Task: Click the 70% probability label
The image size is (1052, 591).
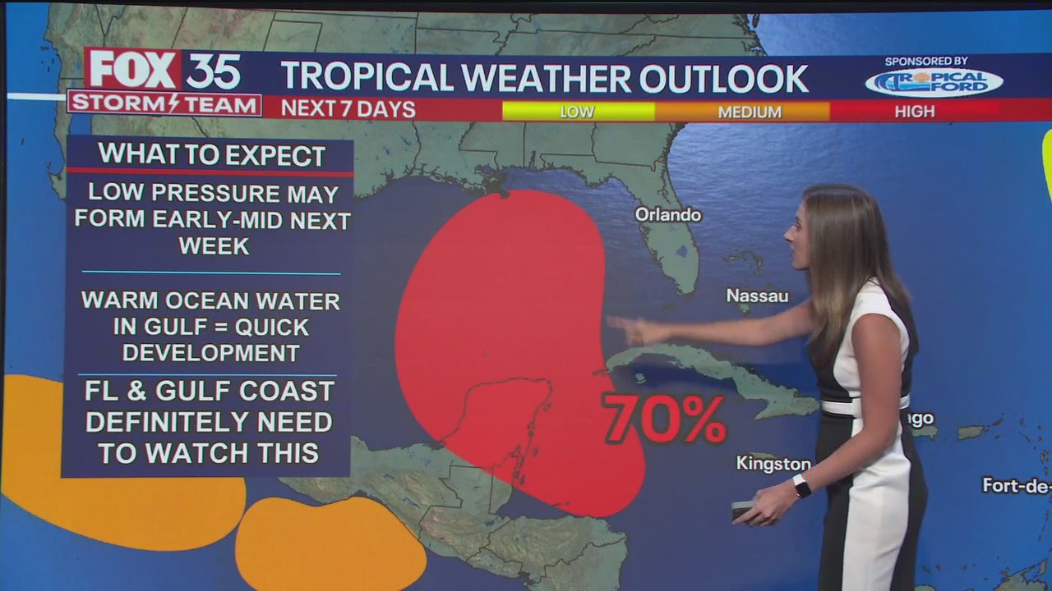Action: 664,419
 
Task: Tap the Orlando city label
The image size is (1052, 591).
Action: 668,215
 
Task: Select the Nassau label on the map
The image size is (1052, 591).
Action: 757,295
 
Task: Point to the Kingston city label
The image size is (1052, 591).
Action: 773,464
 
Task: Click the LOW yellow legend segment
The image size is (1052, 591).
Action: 577,112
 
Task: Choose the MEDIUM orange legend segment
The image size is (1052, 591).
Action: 749,112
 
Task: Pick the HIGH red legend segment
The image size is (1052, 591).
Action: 914,111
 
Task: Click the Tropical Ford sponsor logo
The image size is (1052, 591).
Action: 934,82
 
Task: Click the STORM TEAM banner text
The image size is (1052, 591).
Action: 164,104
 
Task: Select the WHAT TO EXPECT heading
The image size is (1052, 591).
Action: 211,154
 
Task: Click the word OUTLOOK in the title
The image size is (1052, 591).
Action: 724,78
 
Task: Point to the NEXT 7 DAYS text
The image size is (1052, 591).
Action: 348,109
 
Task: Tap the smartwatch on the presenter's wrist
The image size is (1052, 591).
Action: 801,486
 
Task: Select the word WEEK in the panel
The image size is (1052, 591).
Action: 214,246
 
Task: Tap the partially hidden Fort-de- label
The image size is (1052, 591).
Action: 1016,485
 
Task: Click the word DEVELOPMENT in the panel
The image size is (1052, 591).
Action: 210,353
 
